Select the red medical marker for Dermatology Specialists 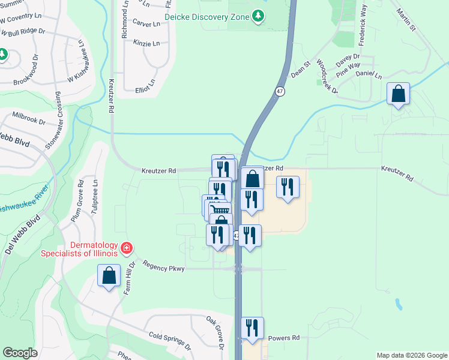126,247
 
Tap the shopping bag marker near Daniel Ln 398,94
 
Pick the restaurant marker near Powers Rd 252,328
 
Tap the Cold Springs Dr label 169,342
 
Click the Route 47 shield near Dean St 280,91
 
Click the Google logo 20,353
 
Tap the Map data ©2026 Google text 411,355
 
